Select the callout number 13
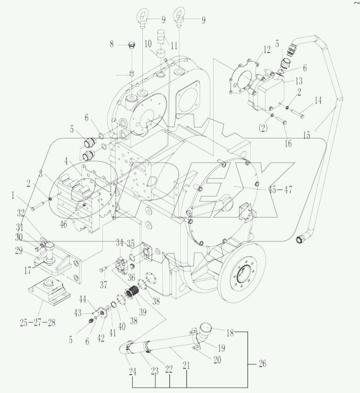(x=299, y=82)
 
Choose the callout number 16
(x=288, y=143)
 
